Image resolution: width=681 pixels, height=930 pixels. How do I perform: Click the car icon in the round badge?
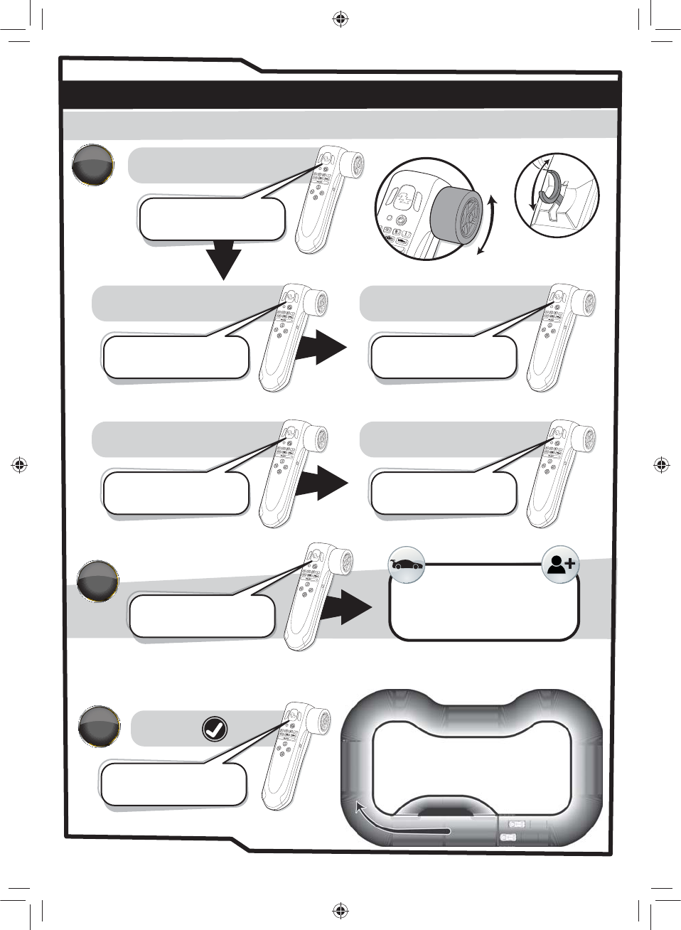[407, 565]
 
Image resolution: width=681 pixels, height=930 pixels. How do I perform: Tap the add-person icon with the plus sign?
[560, 565]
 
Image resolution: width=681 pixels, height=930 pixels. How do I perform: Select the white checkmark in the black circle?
[215, 729]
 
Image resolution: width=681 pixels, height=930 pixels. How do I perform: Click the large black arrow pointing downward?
[224, 260]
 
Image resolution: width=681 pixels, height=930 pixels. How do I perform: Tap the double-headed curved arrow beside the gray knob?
[487, 225]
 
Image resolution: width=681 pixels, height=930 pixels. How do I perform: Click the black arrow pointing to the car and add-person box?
[346, 606]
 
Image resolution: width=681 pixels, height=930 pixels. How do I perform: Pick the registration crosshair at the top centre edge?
[340, 19]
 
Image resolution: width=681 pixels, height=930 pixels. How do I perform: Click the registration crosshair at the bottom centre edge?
[340, 910]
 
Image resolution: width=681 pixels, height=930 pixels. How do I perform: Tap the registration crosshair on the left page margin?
[20, 465]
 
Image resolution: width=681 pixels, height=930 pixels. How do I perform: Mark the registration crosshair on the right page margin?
[661, 465]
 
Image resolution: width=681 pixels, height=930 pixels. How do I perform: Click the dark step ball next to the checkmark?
[98, 726]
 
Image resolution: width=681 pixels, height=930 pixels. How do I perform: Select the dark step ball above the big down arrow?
[93, 165]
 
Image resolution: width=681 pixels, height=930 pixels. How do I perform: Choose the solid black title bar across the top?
[340, 95]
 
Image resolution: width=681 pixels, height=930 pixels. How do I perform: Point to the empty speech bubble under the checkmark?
[173, 784]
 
